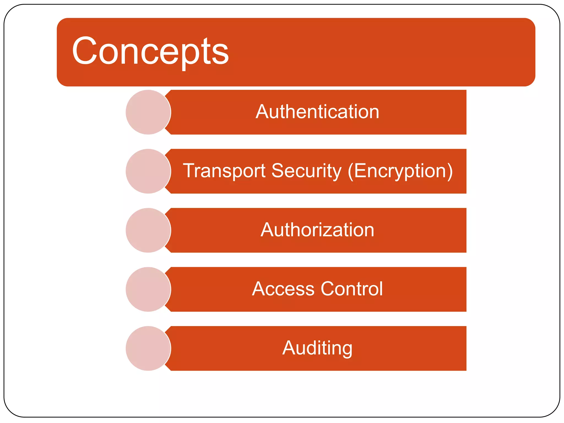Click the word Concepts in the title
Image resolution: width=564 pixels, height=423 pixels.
point(150,51)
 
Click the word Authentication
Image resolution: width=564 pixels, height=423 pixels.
point(317,112)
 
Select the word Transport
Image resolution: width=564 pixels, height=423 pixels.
point(224,171)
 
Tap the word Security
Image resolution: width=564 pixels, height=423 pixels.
point(306,171)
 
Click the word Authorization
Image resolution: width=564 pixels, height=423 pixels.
point(317,230)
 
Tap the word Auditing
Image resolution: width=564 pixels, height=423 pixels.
point(317,348)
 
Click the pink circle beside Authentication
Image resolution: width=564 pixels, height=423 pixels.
point(148,112)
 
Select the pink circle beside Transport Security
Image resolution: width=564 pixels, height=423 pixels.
point(148,171)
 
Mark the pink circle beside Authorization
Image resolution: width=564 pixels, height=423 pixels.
point(148,230)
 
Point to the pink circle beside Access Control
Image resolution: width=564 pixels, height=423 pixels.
point(148,289)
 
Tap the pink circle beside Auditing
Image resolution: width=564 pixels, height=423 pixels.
point(148,348)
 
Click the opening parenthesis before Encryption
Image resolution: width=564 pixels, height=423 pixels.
point(351,171)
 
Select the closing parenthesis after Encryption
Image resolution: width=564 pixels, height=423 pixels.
point(450,171)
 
